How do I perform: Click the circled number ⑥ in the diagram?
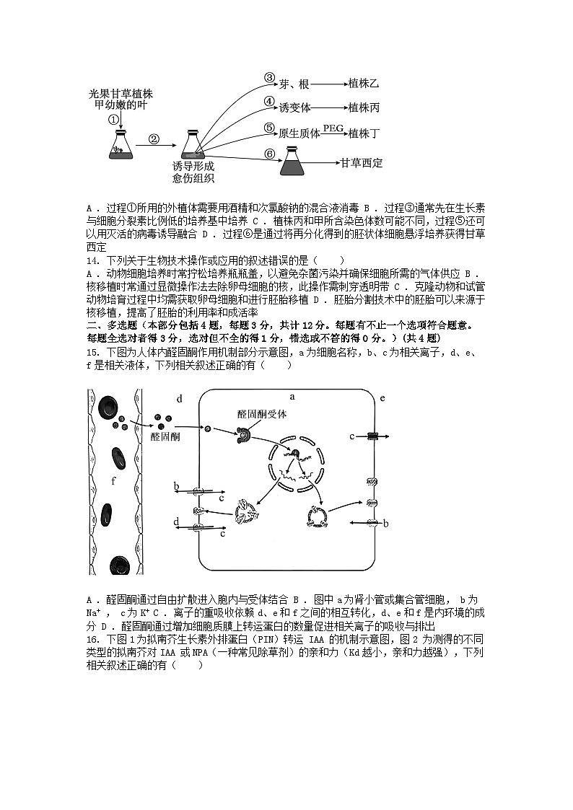tap(269, 154)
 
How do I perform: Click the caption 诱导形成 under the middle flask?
tap(193, 166)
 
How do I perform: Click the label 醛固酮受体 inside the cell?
tap(262, 414)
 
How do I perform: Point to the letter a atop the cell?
tap(292, 396)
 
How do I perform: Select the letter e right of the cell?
tap(382, 397)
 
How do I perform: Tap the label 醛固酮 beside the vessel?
tap(165, 437)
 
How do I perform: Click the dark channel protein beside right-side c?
tap(372, 436)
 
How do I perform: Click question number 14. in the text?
tap(94, 260)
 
